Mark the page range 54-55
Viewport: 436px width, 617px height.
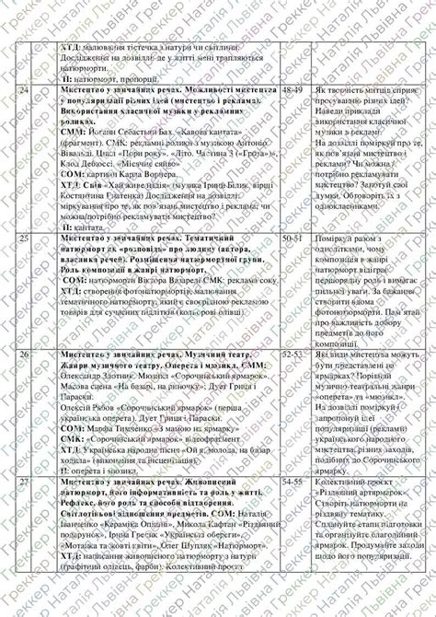click(293, 481)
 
